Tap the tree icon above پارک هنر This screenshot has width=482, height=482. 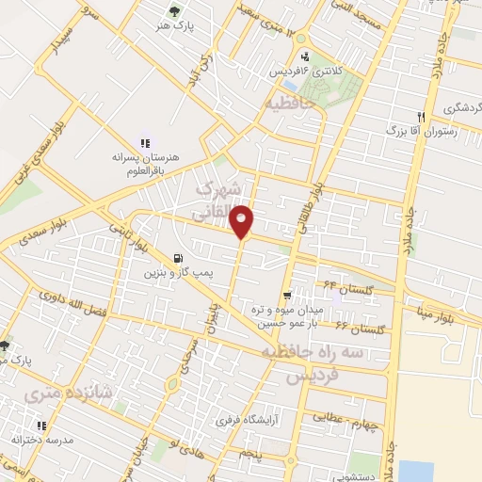click(172, 11)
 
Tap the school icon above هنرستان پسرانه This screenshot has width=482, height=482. click(145, 142)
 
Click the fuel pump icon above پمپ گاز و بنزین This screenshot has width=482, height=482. click(178, 258)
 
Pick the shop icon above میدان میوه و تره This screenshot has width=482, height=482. click(299, 295)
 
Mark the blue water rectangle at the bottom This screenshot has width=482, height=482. click(415, 470)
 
